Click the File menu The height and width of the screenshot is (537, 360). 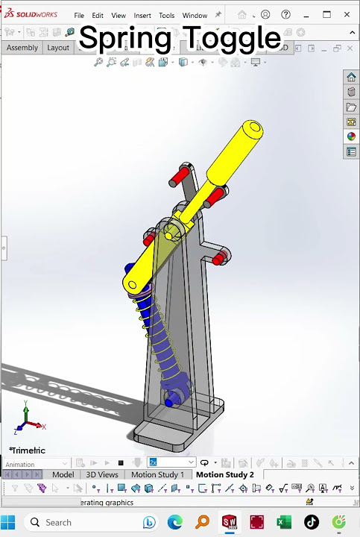click(79, 15)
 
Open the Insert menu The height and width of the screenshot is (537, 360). click(142, 15)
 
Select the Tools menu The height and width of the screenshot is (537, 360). click(166, 15)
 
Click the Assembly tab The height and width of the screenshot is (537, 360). click(22, 48)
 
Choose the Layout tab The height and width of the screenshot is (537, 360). click(58, 48)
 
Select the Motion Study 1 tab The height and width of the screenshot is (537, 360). click(157, 474)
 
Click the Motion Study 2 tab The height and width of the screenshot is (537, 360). click(224, 474)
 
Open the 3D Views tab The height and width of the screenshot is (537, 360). click(101, 474)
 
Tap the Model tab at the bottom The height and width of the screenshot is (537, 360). click(63, 474)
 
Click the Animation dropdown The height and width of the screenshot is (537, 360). click(36, 463)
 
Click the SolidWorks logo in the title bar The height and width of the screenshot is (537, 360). click(31, 15)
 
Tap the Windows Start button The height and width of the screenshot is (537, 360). click(10, 522)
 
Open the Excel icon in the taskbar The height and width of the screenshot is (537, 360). click(284, 522)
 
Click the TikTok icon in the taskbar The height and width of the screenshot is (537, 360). click(311, 522)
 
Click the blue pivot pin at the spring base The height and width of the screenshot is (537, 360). click(169, 403)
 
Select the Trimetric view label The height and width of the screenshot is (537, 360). click(28, 450)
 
